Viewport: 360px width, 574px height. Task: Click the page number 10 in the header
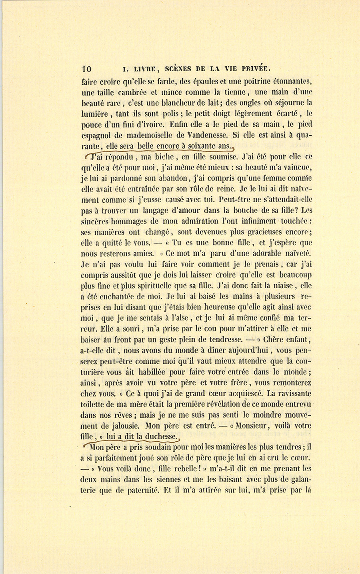pyautogui.click(x=86, y=68)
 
